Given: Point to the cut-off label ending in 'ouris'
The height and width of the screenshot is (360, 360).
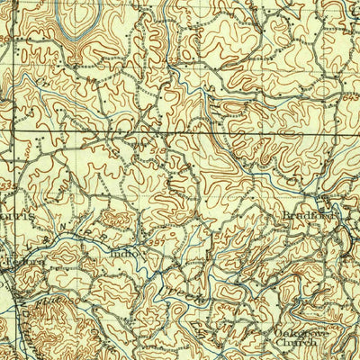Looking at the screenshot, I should (18, 218).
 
